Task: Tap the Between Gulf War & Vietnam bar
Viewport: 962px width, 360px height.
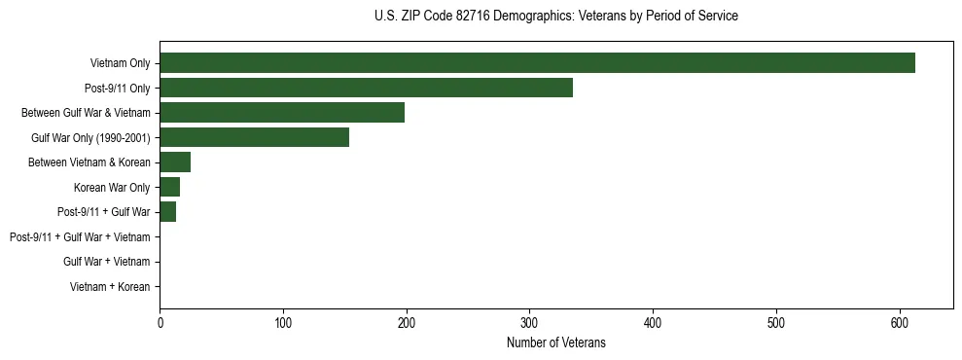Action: [x=282, y=113]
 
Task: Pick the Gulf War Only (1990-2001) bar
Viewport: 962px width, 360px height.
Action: [x=254, y=137]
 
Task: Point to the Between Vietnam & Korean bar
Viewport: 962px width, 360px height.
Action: [x=175, y=162]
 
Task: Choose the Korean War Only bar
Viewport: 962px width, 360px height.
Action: [x=169, y=187]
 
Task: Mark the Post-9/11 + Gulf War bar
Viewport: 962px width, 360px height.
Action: [x=167, y=212]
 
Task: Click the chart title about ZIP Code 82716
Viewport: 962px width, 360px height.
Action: [x=555, y=17]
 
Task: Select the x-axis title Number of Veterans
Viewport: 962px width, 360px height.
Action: [x=555, y=342]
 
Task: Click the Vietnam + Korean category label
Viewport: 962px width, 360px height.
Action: [x=110, y=287]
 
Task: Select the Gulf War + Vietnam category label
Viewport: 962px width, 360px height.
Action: [x=106, y=262]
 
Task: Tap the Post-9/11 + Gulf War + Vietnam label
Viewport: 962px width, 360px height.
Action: [x=80, y=237]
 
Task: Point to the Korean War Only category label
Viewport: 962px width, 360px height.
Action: [x=112, y=188]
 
